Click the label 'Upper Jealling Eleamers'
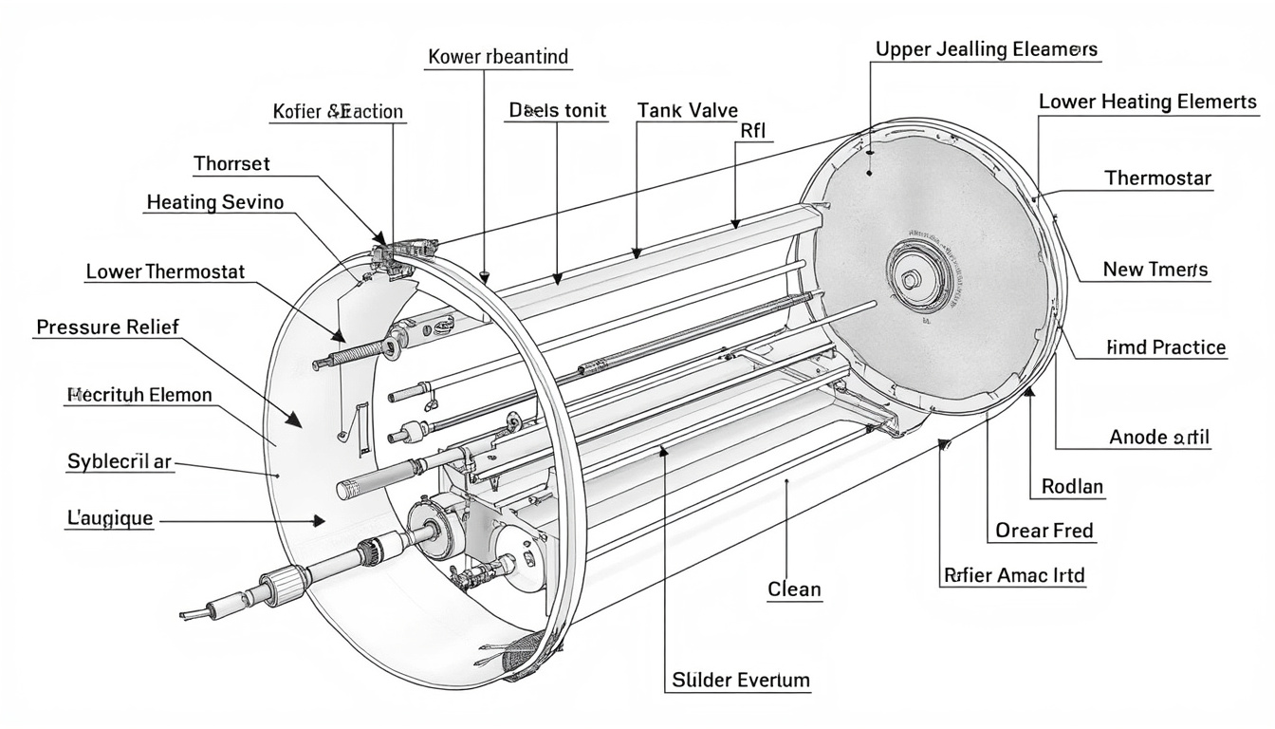pyautogui.click(x=986, y=49)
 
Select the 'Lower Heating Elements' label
pyautogui.click(x=1148, y=102)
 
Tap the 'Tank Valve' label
pyautogui.click(x=688, y=110)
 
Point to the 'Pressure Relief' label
pyautogui.click(x=107, y=327)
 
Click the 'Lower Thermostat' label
pyautogui.click(x=165, y=271)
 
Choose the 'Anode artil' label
pyautogui.click(x=1159, y=438)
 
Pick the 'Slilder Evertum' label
pyautogui.click(x=741, y=680)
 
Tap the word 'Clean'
pyautogui.click(x=794, y=589)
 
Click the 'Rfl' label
pyautogui.click(x=752, y=131)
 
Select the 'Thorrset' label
pyautogui.click(x=231, y=163)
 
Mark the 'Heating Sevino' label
pyautogui.click(x=215, y=201)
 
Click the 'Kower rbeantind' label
pyautogui.click(x=498, y=57)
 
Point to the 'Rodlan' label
pyautogui.click(x=1072, y=487)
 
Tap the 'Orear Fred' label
pyautogui.click(x=1044, y=531)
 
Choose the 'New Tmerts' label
pyautogui.click(x=1155, y=270)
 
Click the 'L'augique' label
pyautogui.click(x=109, y=519)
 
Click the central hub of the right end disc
pyautogui.click(x=910, y=279)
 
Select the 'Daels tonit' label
pyautogui.click(x=558, y=110)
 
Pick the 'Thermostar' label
pyautogui.click(x=1157, y=178)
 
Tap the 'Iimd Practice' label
pyautogui.click(x=1166, y=347)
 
